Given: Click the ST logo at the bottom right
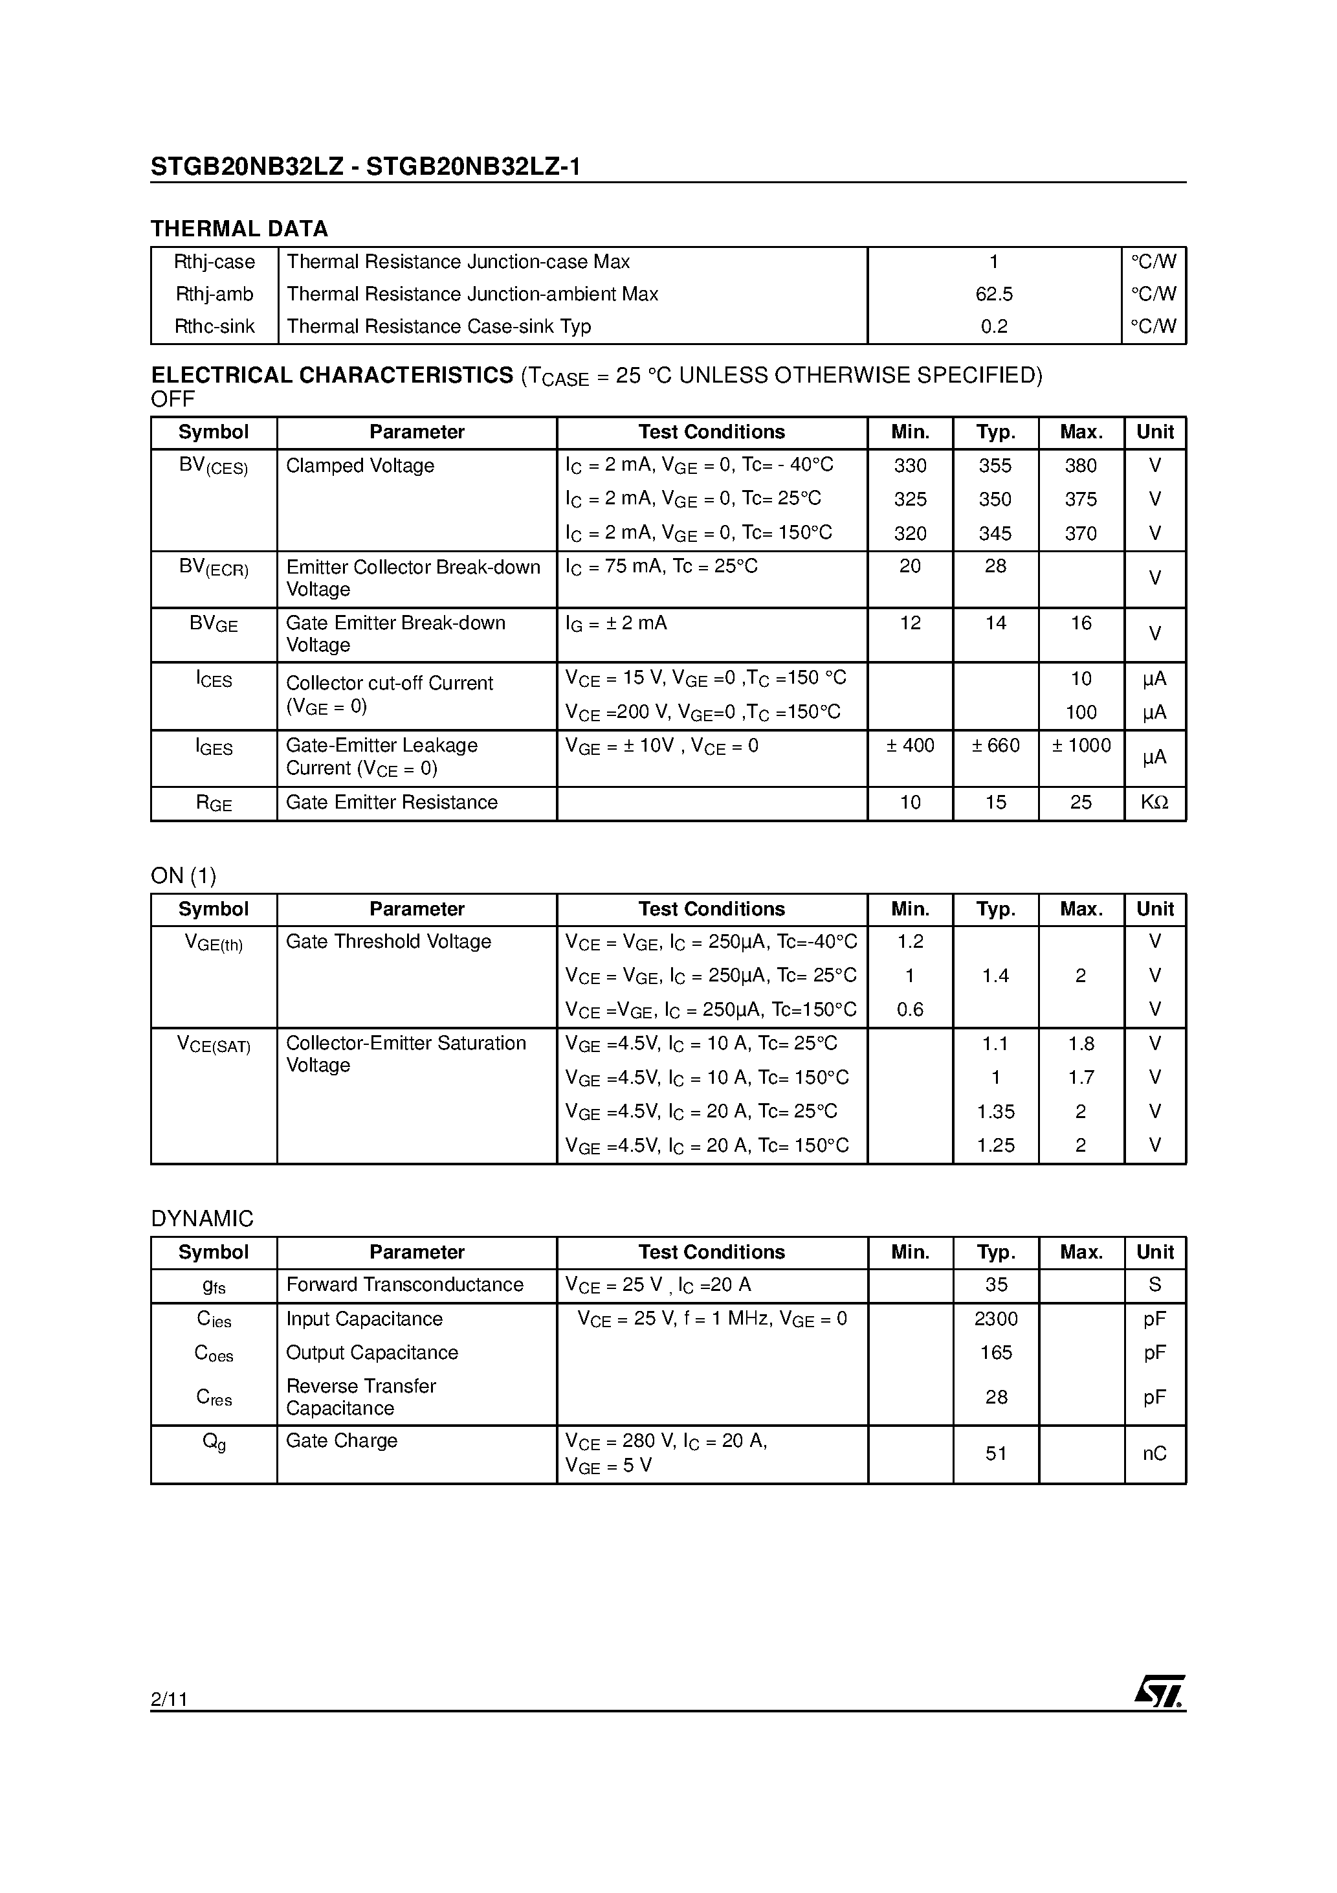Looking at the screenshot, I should coord(1160,1692).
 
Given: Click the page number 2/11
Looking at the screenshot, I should coord(169,1699).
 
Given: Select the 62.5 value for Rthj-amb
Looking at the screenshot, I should coord(993,295).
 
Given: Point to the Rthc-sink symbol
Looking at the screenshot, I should coord(214,326).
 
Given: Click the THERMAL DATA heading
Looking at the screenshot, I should coord(239,229).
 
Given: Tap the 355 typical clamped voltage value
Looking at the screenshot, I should coord(995,466).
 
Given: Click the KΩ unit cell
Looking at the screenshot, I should coord(1154,802).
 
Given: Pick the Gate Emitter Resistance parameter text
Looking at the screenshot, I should coord(392,802).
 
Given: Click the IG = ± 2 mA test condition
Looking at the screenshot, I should coord(615,623).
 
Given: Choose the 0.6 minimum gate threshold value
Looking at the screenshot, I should coord(909,1009).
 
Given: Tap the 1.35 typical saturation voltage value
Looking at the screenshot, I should coord(995,1112).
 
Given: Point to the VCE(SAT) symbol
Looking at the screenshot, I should coord(214,1045).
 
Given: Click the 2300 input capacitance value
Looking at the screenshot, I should coord(995,1319).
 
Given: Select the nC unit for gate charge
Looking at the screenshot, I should coord(1154,1453).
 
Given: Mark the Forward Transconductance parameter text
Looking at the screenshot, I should coord(404,1284).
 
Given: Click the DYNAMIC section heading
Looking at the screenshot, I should coord(202,1218).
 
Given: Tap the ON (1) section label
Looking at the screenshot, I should coord(183,875).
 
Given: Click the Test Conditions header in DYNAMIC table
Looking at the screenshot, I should coord(711,1251).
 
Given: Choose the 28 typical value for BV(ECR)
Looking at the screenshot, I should coord(995,566).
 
